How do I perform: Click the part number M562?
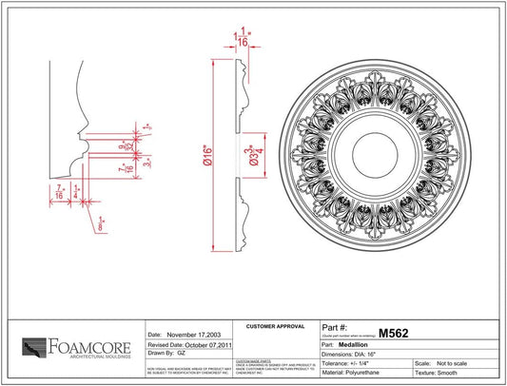click(x=393, y=333)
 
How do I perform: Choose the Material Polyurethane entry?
click(x=365, y=374)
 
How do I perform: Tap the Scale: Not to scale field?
click(x=447, y=363)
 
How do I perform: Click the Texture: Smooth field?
click(x=446, y=374)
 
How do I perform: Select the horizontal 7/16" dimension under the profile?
click(x=60, y=190)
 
